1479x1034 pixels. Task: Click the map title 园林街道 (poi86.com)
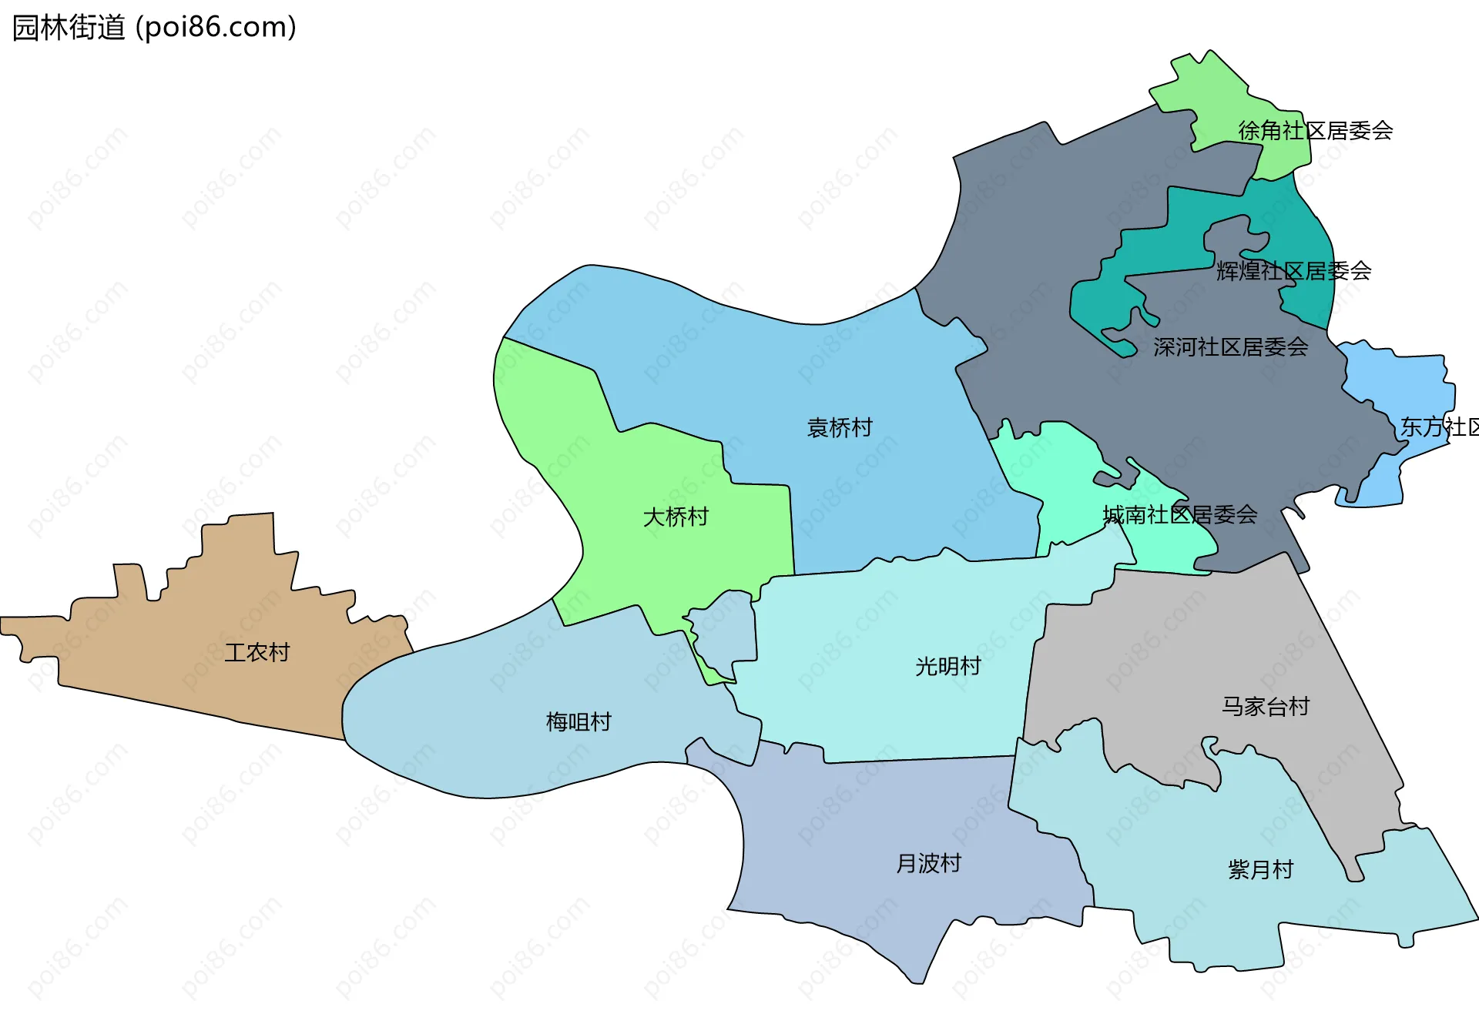(154, 28)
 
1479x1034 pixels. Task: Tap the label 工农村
(257, 653)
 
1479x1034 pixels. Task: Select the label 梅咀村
(579, 722)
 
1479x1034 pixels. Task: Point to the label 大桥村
(676, 517)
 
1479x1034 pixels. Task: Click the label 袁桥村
(840, 428)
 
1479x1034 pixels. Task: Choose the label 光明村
(947, 666)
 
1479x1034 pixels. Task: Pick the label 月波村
(928, 863)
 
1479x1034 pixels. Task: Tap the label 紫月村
(1260, 870)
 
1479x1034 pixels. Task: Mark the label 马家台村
(1265, 706)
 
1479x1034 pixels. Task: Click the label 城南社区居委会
(1179, 515)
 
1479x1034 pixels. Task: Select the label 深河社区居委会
(1230, 347)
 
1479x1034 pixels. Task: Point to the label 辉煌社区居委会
(1293, 271)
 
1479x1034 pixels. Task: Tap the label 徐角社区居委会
(1315, 131)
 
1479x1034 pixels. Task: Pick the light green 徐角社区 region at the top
(1217, 100)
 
